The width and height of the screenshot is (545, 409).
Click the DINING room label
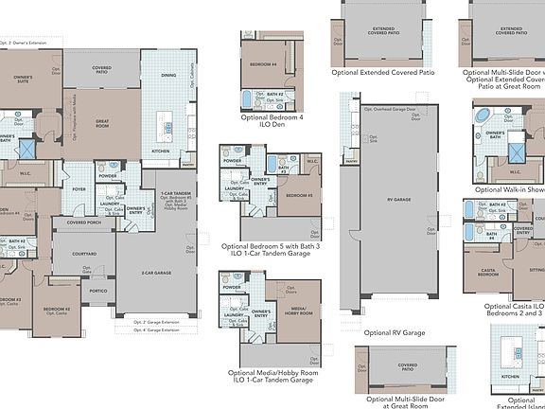point(167,75)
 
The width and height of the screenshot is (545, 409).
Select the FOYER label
point(79,188)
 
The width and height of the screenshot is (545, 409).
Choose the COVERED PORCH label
point(84,223)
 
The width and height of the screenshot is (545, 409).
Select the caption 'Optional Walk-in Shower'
point(509,190)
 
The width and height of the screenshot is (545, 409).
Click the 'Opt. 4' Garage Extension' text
point(155,330)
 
